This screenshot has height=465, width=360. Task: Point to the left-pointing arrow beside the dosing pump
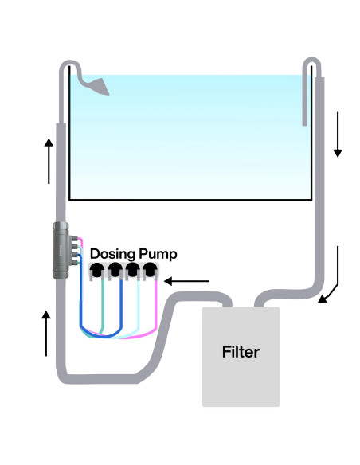191,280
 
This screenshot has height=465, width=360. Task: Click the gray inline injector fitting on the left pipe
61,250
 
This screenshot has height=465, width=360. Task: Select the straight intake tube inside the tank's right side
305,100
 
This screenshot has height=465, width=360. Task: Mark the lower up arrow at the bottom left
47,334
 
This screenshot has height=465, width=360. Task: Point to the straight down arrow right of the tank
338,135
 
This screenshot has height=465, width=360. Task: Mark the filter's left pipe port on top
224,303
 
